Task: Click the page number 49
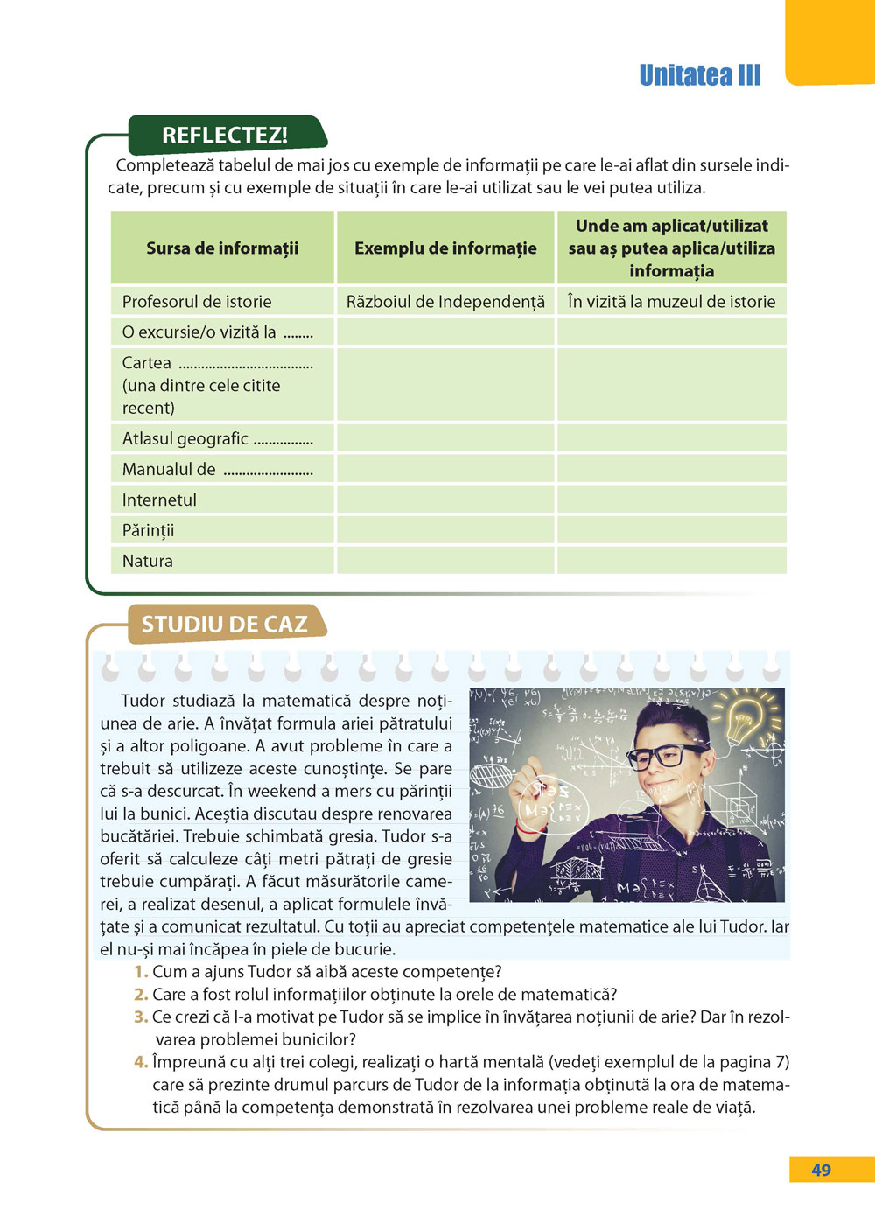click(821, 1170)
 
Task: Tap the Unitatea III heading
click(700, 75)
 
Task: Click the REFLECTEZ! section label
click(225, 136)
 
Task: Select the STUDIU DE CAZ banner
click(225, 624)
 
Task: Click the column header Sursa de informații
click(222, 248)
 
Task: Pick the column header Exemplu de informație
click(445, 248)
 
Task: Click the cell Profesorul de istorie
click(197, 302)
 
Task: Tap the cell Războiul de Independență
click(445, 302)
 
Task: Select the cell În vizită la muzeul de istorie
click(671, 302)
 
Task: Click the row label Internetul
click(159, 500)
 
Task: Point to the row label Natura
click(148, 561)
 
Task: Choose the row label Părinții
click(149, 530)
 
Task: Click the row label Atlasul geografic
click(185, 438)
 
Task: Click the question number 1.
click(140, 972)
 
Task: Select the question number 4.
click(140, 1062)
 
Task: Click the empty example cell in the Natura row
click(445, 561)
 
